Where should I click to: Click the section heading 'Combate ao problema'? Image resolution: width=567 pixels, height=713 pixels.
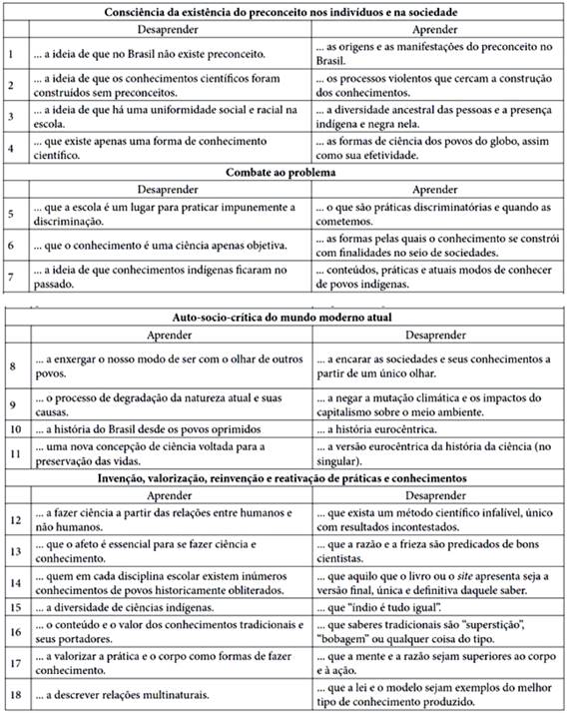pyautogui.click(x=284, y=173)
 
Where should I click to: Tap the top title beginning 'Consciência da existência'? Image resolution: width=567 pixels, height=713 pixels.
pyautogui.click(x=284, y=12)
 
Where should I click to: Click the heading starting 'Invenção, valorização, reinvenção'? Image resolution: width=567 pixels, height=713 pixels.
pyautogui.click(x=284, y=478)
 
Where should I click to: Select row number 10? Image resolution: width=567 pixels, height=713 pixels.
pyautogui.click(x=11, y=429)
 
